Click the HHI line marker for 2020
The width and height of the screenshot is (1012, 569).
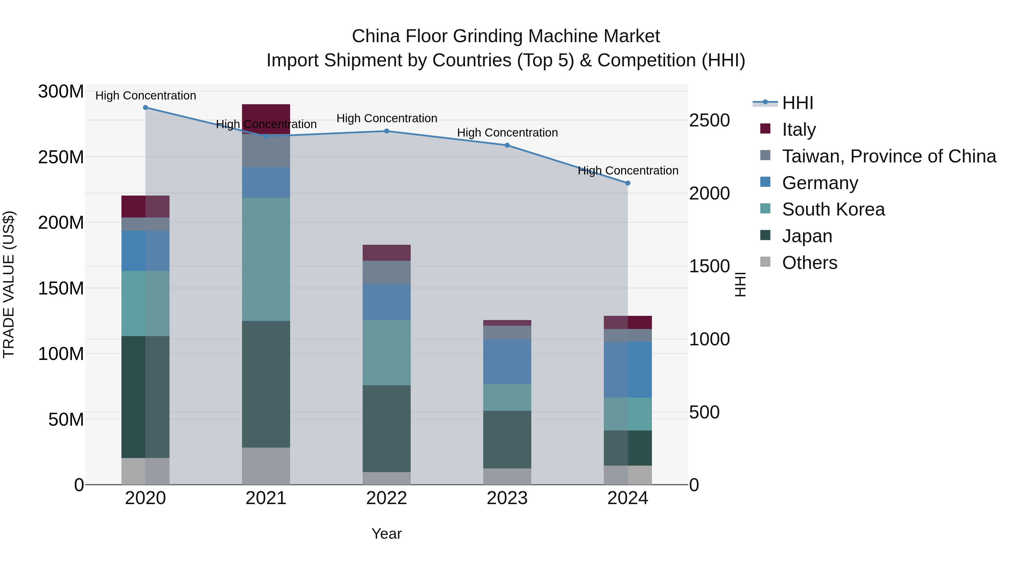click(x=145, y=107)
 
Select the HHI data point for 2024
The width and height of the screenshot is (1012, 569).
click(x=627, y=183)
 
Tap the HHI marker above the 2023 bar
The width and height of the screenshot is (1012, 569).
click(x=507, y=145)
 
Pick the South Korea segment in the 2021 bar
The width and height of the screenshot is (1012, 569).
click(x=266, y=259)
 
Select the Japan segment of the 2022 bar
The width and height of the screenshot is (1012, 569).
click(x=386, y=428)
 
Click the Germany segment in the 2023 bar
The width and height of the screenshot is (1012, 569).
click(x=507, y=361)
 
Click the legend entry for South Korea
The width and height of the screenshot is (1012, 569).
click(x=833, y=209)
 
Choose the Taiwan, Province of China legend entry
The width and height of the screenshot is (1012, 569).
click(x=889, y=156)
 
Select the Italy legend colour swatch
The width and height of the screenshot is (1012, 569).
click(x=765, y=128)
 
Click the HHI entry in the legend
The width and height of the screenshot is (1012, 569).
click(x=797, y=103)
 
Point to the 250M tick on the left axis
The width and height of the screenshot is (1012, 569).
click(x=61, y=157)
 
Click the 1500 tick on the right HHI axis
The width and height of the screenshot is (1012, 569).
click(x=709, y=266)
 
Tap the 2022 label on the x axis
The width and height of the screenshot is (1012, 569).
click(x=386, y=498)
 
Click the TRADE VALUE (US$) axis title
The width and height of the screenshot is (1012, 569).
click(x=9, y=284)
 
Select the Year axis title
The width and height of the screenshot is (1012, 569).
click(x=386, y=534)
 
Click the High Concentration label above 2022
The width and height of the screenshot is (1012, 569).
click(x=387, y=118)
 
